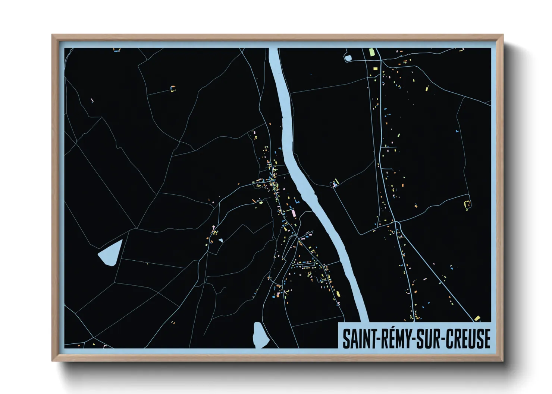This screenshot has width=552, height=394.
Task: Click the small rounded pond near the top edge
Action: pyautogui.click(x=348, y=58)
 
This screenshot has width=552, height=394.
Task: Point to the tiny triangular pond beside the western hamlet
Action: pyautogui.click(x=221, y=241)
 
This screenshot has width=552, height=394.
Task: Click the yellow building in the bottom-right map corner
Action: pyautogui.click(x=477, y=318)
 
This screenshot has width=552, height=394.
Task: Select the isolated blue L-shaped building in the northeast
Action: pyautogui.click(x=457, y=131)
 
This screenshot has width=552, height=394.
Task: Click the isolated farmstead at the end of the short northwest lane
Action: pyautogui.click(x=173, y=89)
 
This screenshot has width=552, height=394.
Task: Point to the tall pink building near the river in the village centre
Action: pyautogui.click(x=294, y=213)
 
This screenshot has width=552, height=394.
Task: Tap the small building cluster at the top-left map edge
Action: pyautogui.click(x=117, y=50)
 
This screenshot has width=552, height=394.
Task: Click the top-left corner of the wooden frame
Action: pyautogui.click(x=53, y=35)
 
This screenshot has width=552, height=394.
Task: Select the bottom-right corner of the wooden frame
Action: pyautogui.click(x=502, y=360)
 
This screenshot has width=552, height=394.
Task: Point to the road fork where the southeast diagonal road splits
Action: pyautogui.click(x=397, y=223)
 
